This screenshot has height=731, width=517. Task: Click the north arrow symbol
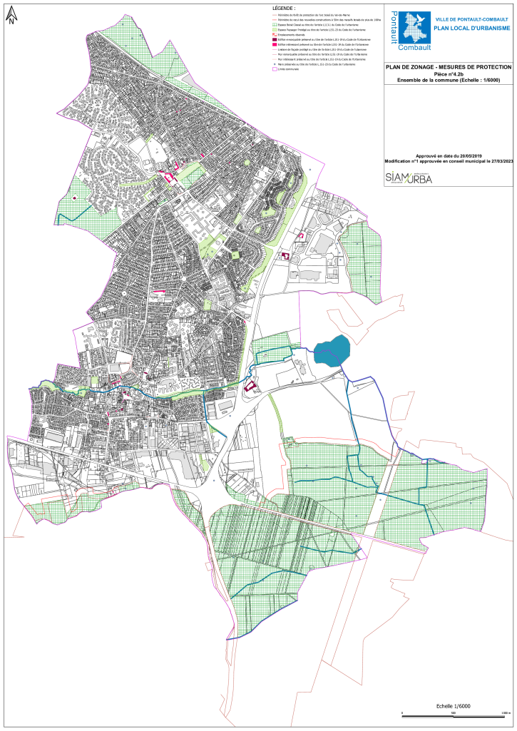coord(11,16)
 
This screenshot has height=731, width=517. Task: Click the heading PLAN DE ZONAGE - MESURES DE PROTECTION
coord(449,67)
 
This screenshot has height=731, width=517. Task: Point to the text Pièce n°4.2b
coord(449,73)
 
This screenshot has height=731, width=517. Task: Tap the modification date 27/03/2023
coord(498,161)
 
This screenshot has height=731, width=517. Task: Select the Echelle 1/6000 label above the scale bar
coord(456,706)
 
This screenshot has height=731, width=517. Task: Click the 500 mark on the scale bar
coord(454,713)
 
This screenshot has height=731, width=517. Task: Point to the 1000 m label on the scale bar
coord(506,713)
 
